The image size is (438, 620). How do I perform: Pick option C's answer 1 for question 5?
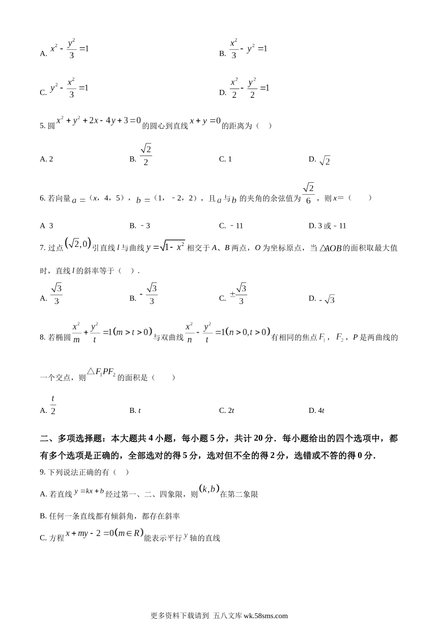click(x=230, y=159)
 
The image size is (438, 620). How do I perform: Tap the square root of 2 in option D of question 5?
click(x=325, y=161)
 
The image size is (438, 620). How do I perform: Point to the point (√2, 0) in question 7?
click(x=78, y=244)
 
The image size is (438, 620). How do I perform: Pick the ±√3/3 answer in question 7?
click(x=238, y=294)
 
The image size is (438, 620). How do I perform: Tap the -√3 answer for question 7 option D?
click(x=327, y=299)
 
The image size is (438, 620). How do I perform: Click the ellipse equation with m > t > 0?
click(x=112, y=333)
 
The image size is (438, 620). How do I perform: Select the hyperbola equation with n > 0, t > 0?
click(x=227, y=333)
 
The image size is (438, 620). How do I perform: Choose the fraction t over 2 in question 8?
click(x=53, y=405)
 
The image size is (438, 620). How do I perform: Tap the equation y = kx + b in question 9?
click(x=89, y=491)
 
